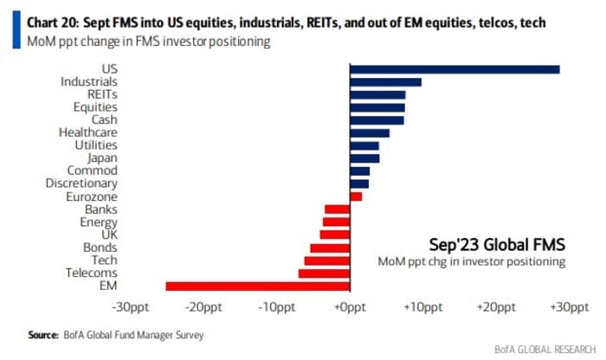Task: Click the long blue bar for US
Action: [454, 69]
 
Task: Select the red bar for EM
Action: [257, 286]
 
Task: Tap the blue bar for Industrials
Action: [384, 82]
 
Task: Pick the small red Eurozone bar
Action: [355, 196]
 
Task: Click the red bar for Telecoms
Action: [323, 273]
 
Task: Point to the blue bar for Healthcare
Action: [369, 132]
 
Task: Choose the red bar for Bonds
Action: [329, 247]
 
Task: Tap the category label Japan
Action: [102, 158]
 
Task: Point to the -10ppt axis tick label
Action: [275, 307]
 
